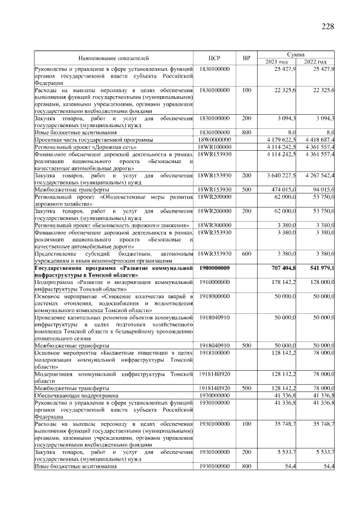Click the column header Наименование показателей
[114, 58]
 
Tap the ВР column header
[246, 58]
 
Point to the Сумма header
[296, 55]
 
